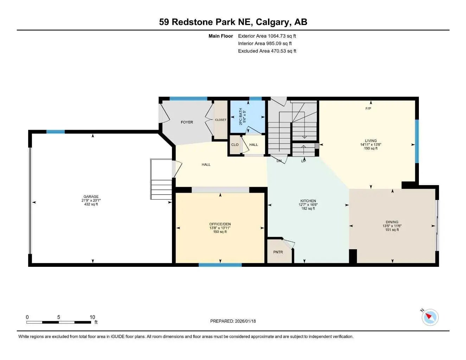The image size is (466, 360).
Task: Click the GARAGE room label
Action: coord(91,197)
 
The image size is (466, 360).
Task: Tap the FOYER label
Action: coord(187,122)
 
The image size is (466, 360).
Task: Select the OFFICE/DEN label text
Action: coord(220,224)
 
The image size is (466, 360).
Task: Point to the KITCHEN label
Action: coord(308,201)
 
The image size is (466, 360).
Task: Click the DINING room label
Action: coord(392,222)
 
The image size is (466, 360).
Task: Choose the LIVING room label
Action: coord(371,141)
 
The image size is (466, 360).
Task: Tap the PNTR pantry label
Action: coord(278,252)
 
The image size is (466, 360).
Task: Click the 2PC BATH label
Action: coord(241,116)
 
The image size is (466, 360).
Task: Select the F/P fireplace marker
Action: coord(368,109)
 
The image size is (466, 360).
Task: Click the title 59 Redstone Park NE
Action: coord(233,22)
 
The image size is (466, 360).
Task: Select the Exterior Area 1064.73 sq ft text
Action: coord(267,36)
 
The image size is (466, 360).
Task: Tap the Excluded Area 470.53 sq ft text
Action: coord(267,51)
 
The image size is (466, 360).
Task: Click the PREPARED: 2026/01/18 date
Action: coord(233,321)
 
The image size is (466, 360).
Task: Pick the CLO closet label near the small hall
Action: coord(235,145)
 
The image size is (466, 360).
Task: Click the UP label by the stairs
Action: coord(304,161)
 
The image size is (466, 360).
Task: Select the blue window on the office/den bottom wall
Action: coord(215,265)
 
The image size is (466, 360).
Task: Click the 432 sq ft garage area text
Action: coord(91,204)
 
